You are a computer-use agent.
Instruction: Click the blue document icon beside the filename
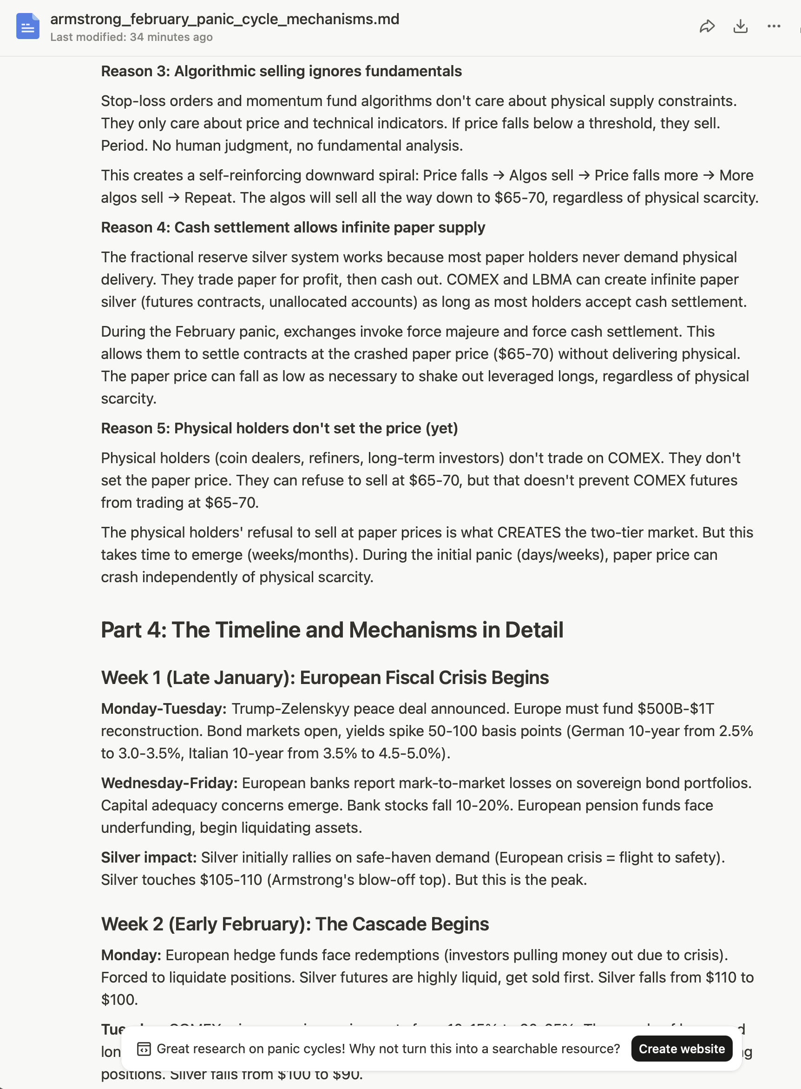click(27, 26)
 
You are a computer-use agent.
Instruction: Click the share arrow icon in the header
click(707, 26)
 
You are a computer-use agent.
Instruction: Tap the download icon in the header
click(741, 26)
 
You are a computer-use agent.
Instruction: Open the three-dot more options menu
click(774, 26)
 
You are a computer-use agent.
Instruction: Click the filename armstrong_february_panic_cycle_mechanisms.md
click(224, 19)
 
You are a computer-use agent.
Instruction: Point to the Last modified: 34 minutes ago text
click(131, 37)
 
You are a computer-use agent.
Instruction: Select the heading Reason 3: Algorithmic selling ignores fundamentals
click(281, 71)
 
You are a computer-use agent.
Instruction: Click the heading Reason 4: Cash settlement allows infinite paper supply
click(293, 227)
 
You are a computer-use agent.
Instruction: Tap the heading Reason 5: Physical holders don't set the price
click(279, 429)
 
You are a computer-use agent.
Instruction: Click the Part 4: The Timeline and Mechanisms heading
click(332, 630)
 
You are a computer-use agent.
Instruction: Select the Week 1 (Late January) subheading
click(325, 678)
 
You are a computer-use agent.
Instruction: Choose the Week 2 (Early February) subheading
click(295, 924)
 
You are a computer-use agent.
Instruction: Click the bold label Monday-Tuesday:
click(164, 709)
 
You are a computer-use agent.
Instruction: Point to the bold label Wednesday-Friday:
click(169, 783)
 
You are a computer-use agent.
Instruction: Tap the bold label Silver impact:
click(148, 858)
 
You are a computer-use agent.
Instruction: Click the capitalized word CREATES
click(529, 533)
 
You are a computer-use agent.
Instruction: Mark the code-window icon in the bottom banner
click(144, 1049)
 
